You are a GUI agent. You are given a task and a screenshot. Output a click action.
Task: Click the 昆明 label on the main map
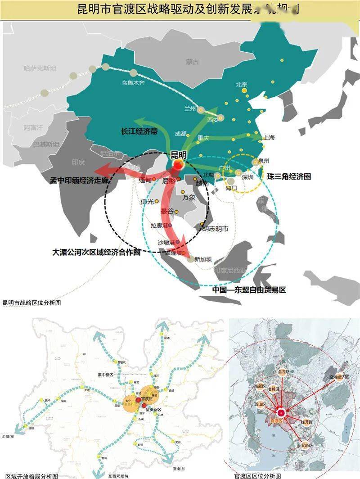coord(179,155)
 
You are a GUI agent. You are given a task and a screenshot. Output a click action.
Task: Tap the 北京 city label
coord(242,84)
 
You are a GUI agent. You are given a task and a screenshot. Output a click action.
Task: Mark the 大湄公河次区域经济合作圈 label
coord(96,252)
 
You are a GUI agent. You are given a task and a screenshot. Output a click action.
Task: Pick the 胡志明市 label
coord(216,229)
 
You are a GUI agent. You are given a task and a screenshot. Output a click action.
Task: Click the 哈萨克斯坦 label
coord(40,68)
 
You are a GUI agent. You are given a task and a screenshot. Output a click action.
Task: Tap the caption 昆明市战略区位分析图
coord(31,303)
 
